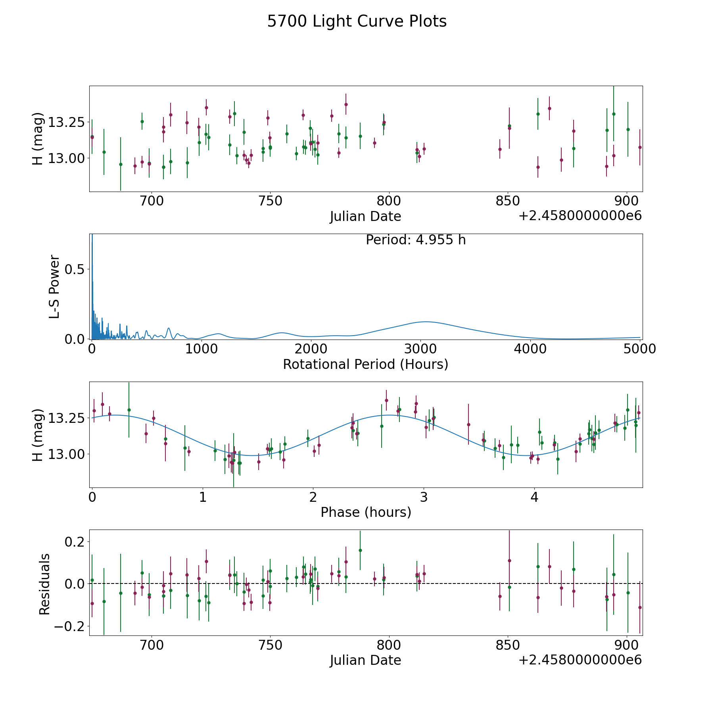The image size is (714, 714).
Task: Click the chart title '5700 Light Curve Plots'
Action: [357, 21]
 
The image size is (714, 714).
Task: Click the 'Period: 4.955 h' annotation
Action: [416, 240]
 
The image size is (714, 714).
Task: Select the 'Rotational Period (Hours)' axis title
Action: [365, 364]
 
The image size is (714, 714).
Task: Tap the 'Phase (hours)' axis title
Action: [366, 512]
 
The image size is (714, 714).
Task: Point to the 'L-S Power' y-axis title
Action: [55, 286]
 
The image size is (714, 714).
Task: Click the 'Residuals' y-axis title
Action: [44, 584]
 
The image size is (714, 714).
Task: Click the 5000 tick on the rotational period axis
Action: [639, 349]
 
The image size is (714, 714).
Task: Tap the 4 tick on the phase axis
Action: [534, 497]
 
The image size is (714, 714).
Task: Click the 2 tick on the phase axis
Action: [313, 497]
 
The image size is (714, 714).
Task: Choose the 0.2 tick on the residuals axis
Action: [72, 541]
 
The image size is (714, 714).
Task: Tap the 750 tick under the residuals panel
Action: [270, 645]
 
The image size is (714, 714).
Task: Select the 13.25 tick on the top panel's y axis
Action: [66, 122]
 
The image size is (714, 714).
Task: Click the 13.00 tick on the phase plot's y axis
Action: [66, 454]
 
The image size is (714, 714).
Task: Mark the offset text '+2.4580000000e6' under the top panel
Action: [580, 216]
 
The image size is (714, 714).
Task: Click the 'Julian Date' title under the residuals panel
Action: [365, 660]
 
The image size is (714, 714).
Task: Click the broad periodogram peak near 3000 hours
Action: [425, 322]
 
